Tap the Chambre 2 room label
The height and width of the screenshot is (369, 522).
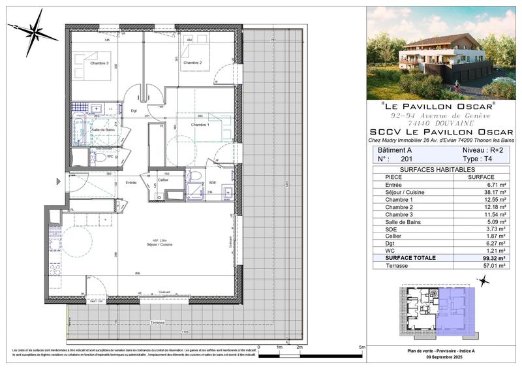(x=192, y=63)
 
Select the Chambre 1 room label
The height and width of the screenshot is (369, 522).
(x=200, y=124)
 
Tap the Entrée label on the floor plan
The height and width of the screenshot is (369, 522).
(x=131, y=182)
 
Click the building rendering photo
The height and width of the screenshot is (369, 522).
(x=441, y=52)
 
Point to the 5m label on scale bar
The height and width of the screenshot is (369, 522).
(x=361, y=347)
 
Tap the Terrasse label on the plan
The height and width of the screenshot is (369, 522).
(x=157, y=323)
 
